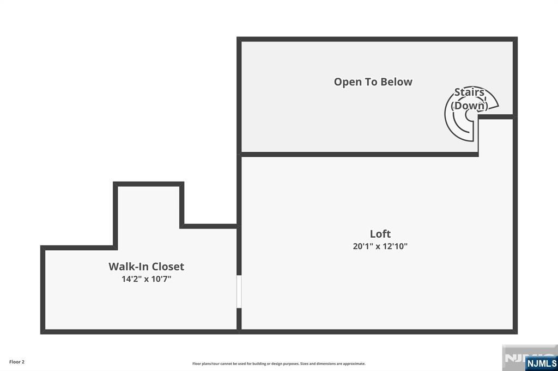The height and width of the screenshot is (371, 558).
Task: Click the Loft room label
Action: click(x=380, y=234)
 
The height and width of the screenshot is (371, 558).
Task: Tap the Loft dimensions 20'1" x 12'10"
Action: click(x=380, y=246)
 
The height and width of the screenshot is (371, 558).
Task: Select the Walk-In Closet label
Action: click(x=146, y=267)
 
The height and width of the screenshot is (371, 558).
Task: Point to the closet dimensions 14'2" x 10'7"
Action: click(x=146, y=279)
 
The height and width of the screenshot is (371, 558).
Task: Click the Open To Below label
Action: click(x=373, y=82)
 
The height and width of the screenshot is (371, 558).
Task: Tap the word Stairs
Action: click(x=469, y=92)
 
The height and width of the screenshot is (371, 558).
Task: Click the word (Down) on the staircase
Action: click(x=469, y=106)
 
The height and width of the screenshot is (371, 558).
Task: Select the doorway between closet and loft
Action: click(x=239, y=292)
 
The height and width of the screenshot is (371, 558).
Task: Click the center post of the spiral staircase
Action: click(x=470, y=115)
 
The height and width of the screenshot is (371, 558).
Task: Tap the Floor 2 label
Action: click(x=17, y=362)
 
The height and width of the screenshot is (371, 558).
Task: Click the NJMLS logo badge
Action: click(x=542, y=363)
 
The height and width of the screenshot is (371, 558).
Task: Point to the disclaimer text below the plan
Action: click(x=278, y=363)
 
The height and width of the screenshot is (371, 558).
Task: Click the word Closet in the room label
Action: click(x=167, y=267)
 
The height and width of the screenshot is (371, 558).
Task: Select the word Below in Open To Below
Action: click(x=397, y=82)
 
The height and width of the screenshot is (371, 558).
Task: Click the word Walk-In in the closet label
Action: click(x=128, y=267)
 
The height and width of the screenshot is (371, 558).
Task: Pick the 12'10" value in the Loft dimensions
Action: click(x=395, y=246)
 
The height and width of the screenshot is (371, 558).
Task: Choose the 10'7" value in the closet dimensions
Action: click(x=161, y=279)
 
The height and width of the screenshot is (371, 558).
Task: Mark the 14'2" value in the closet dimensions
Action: click(x=131, y=279)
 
